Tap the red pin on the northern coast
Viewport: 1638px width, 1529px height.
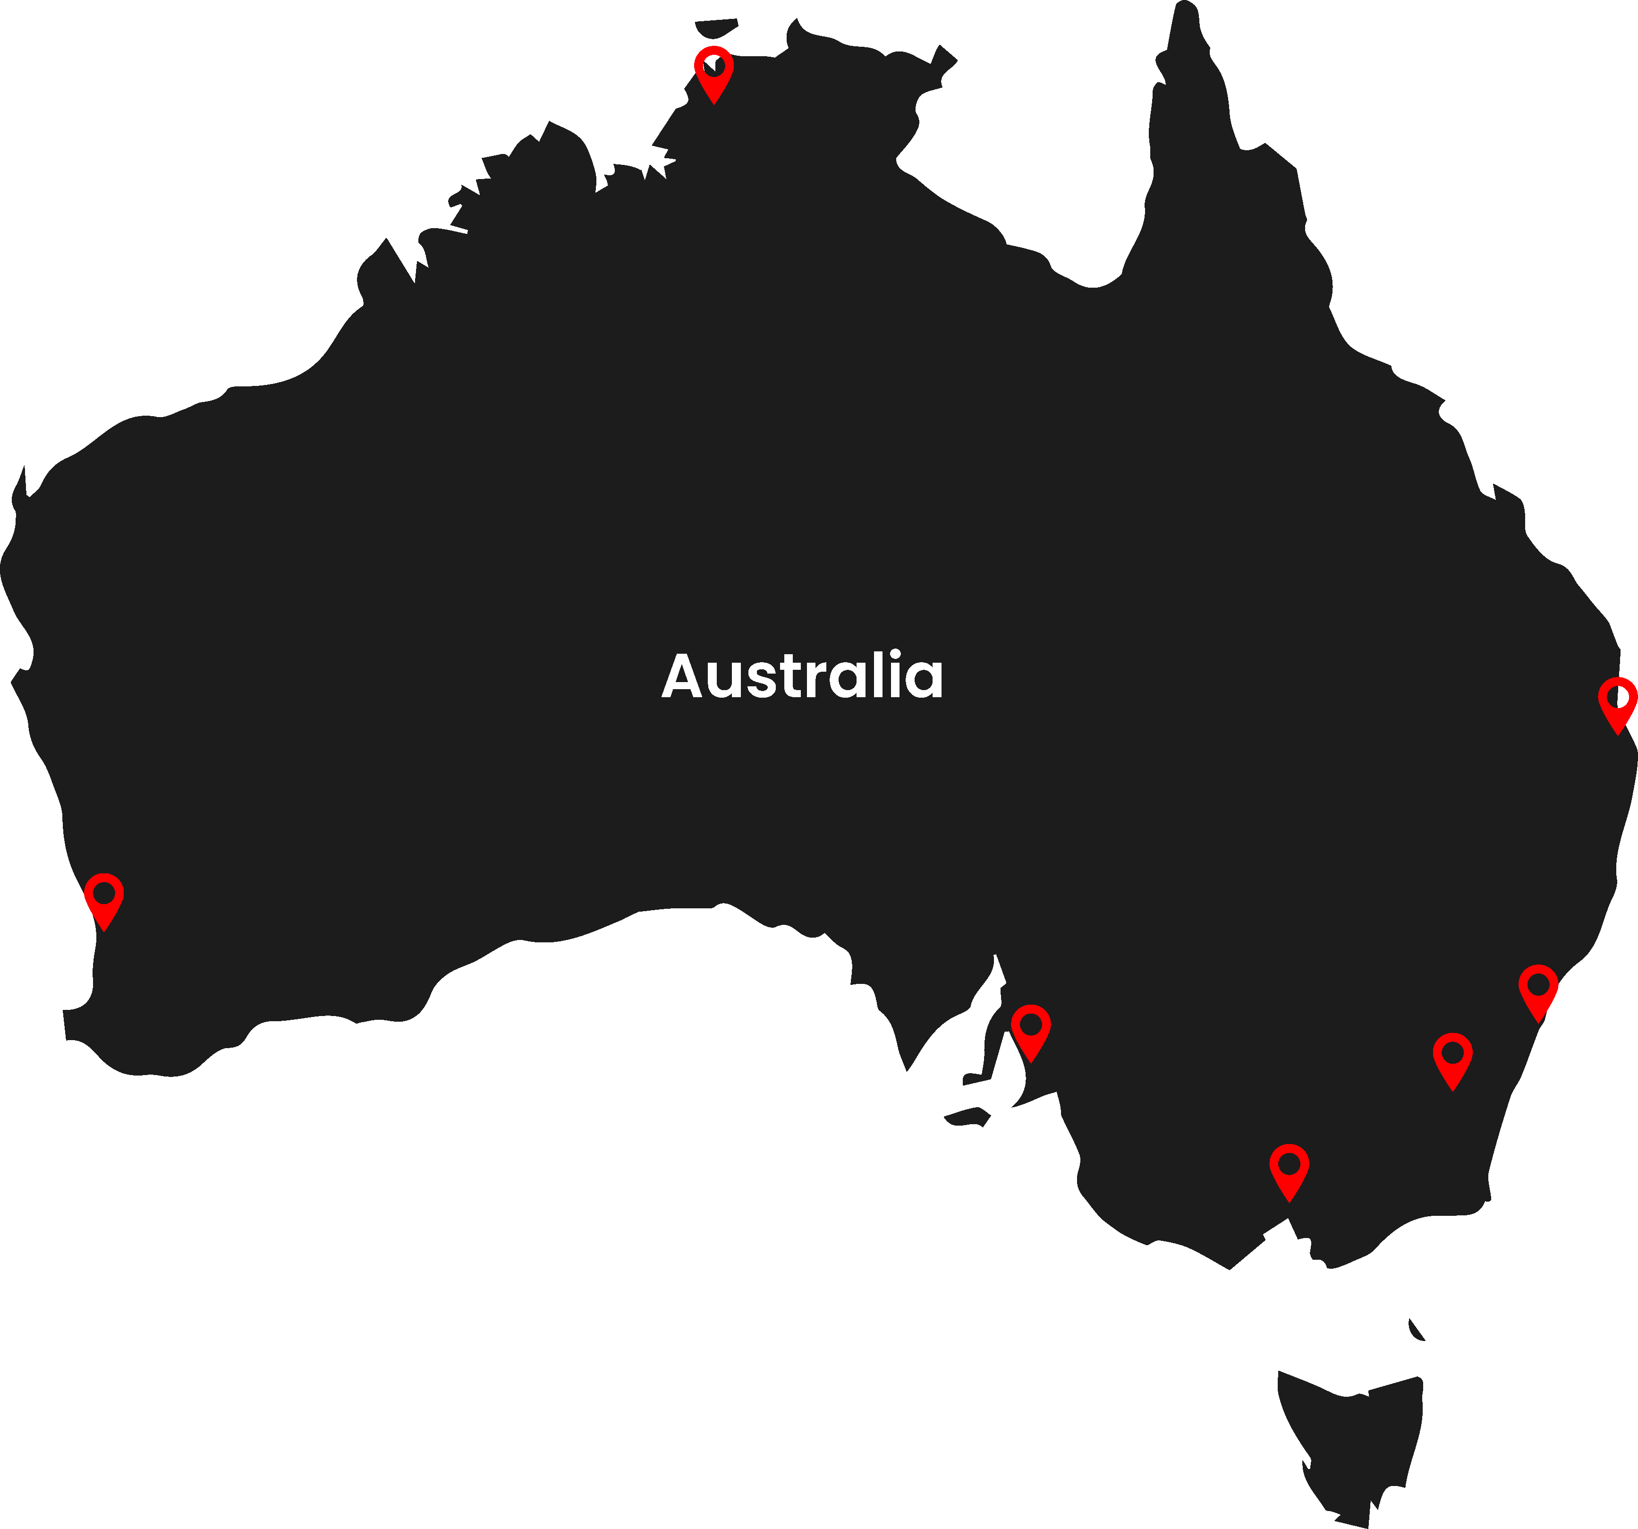[713, 73]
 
